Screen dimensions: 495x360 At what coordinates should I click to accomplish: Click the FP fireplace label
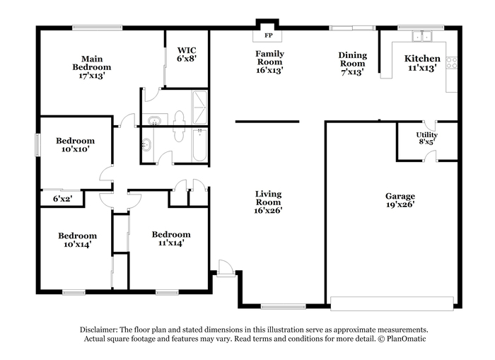(268, 35)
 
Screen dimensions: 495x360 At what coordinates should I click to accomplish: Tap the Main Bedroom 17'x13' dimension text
(92, 76)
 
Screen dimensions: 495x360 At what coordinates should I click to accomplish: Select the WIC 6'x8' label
(187, 54)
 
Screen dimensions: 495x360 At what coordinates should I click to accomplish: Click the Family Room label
(269, 58)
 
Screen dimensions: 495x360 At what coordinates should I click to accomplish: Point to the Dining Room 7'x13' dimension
(353, 72)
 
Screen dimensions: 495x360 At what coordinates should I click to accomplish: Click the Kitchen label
(422, 59)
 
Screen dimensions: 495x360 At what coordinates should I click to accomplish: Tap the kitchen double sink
(422, 36)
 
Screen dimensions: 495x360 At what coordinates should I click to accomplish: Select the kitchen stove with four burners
(451, 63)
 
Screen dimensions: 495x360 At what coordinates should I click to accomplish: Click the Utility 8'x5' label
(427, 139)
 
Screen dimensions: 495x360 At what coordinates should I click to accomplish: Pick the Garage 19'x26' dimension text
(400, 204)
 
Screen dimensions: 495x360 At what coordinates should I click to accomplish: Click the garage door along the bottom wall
(392, 303)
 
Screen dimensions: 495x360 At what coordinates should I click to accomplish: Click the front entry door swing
(226, 269)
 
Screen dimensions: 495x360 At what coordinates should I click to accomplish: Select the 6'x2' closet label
(62, 199)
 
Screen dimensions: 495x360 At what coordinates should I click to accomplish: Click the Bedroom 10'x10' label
(75, 144)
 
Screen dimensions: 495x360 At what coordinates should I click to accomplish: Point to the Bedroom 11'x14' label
(171, 238)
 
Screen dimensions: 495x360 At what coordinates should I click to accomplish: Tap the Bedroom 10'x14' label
(77, 240)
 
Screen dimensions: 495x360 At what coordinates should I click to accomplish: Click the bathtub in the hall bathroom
(199, 145)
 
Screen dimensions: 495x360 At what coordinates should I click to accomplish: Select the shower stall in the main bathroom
(199, 108)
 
